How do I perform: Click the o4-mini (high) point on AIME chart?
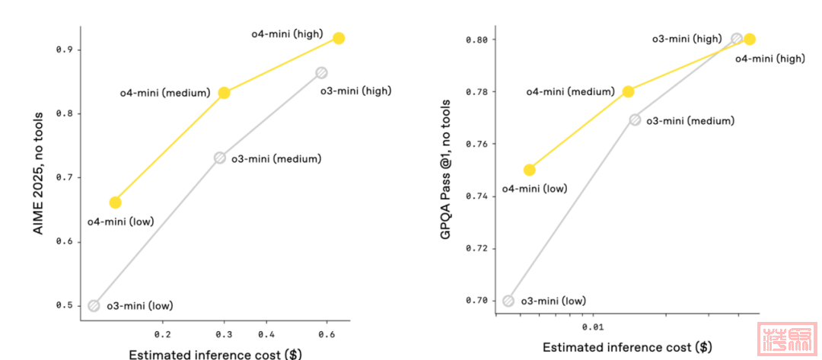(339, 38)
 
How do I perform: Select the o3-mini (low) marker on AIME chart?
(94, 306)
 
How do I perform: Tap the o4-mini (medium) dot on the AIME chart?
(224, 93)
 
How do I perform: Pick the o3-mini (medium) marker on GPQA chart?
(635, 119)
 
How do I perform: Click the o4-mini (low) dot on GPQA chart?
(529, 170)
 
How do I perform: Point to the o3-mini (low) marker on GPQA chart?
(508, 301)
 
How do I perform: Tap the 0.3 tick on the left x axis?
(224, 334)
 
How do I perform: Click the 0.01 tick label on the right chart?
(592, 327)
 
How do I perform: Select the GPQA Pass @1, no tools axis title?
(447, 170)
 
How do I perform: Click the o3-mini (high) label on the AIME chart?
(355, 91)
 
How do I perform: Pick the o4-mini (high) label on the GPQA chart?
(769, 58)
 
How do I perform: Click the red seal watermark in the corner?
(786, 339)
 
